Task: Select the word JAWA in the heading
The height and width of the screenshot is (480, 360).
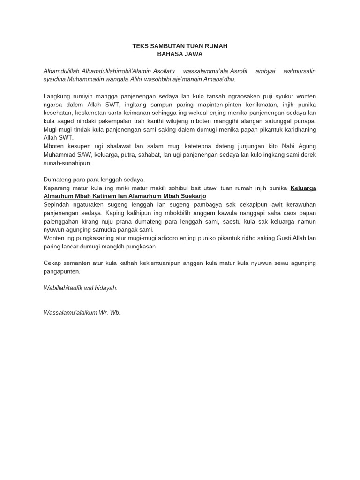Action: (x=193, y=54)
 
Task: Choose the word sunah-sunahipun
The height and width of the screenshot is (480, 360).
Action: (x=67, y=163)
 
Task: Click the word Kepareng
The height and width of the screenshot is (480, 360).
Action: (x=57, y=188)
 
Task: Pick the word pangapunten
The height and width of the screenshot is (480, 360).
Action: (x=61, y=271)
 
